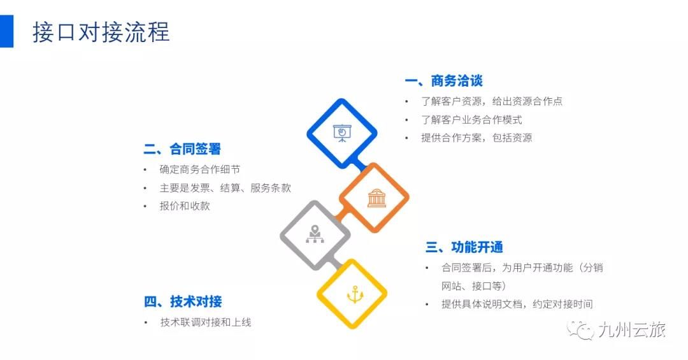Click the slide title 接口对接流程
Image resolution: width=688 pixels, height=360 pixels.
[101, 32]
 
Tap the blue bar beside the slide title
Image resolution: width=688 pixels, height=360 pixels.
[6, 31]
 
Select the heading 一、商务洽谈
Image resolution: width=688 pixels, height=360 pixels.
[443, 81]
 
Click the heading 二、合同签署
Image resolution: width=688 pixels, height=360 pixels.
[182, 149]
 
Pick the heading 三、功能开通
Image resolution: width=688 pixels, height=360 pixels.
[464, 247]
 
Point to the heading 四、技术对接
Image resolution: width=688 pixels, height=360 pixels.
[183, 301]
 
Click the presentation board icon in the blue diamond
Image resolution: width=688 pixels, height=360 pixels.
[342, 133]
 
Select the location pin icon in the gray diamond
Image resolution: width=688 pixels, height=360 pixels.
[314, 234]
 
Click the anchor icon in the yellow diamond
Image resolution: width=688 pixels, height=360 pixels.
[355, 294]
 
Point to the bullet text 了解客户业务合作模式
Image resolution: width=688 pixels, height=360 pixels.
[471, 119]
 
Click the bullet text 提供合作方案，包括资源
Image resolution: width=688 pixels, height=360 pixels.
[477, 138]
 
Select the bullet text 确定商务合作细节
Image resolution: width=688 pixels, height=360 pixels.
[200, 169]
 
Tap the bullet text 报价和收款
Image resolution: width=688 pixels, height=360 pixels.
[185, 206]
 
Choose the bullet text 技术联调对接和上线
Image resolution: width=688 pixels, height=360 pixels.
[206, 322]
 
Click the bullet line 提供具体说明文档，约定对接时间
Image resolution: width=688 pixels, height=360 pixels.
[517, 304]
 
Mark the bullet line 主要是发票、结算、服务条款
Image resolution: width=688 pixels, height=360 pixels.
[226, 188]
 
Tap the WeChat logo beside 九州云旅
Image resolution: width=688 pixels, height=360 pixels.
[580, 330]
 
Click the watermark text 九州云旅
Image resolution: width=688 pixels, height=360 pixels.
[632, 330]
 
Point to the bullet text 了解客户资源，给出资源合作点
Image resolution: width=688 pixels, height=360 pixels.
[492, 101]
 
